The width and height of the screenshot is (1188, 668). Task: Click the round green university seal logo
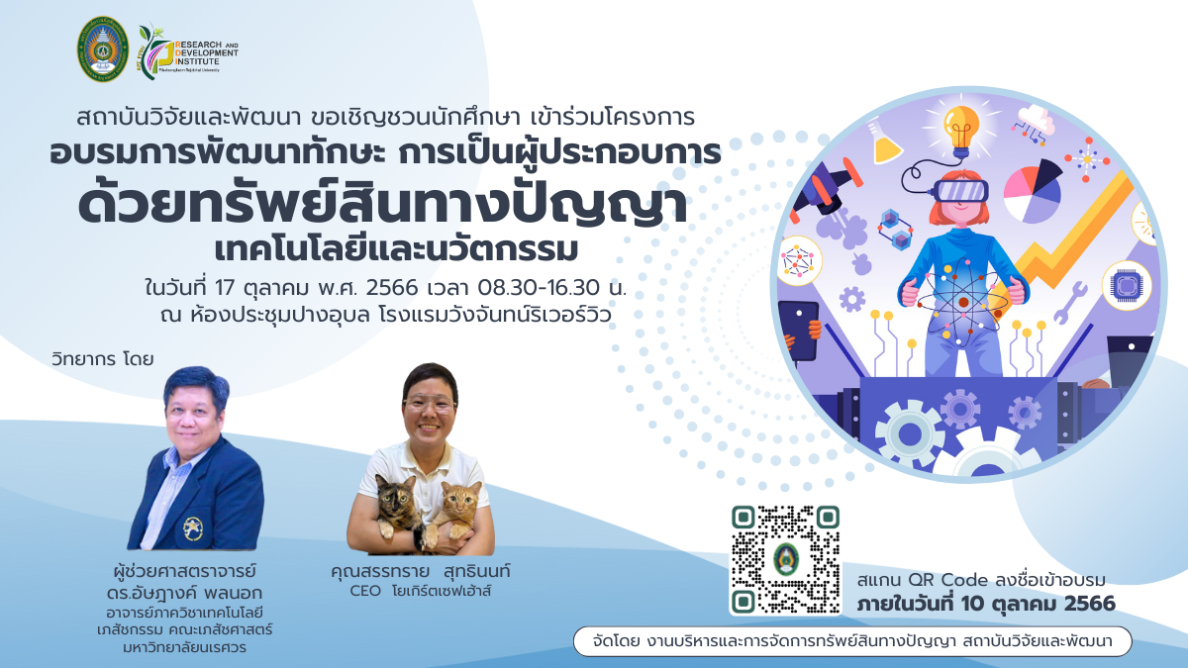(103, 48)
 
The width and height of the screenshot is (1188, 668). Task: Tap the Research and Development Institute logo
(188, 51)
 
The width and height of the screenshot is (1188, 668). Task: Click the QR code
(785, 559)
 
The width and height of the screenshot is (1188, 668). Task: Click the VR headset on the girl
(960, 191)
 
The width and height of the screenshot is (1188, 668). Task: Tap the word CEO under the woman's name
(365, 591)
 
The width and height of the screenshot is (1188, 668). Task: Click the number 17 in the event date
(225, 288)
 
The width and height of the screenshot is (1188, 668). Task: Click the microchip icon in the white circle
(1126, 285)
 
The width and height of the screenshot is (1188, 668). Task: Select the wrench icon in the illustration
(1070, 303)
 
